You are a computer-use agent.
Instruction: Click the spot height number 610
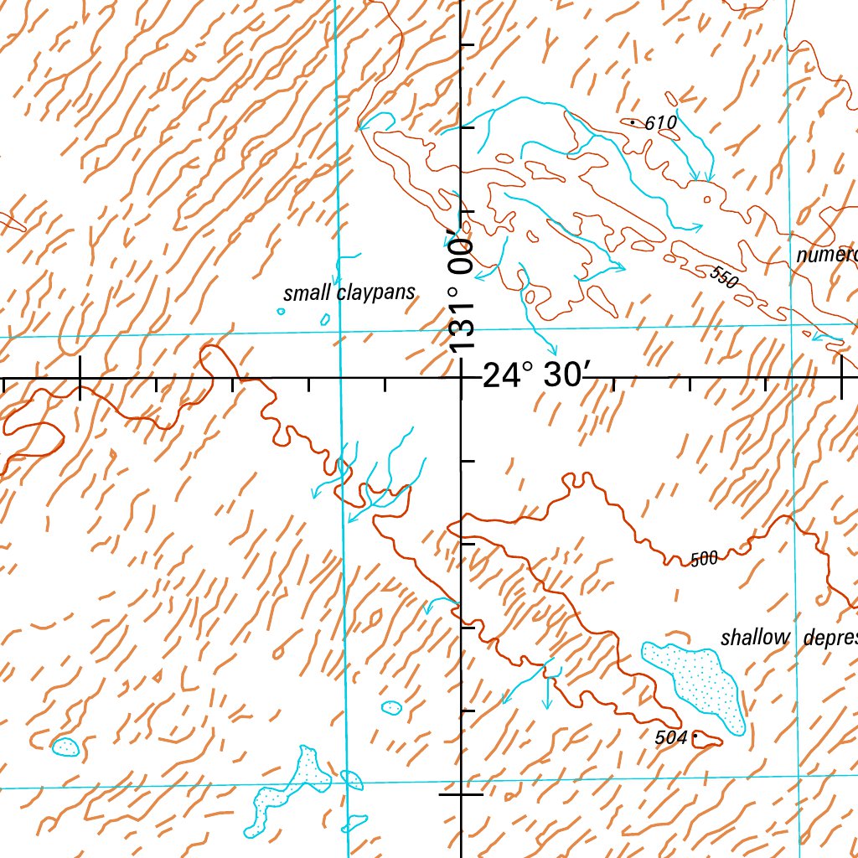(661, 124)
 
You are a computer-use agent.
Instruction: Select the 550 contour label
(723, 277)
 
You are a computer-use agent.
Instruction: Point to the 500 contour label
(705, 559)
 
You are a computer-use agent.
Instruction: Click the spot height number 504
(670, 737)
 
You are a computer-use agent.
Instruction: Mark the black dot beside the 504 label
(695, 737)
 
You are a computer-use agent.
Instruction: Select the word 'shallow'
(756, 638)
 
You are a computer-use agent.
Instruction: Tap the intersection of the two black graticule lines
(463, 378)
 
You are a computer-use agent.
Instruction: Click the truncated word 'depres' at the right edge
(830, 638)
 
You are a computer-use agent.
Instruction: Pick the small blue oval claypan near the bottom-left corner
(65, 746)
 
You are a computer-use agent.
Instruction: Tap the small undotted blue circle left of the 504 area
(391, 707)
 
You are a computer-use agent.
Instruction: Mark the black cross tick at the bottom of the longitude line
(463, 793)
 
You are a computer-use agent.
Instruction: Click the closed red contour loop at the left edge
(34, 438)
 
